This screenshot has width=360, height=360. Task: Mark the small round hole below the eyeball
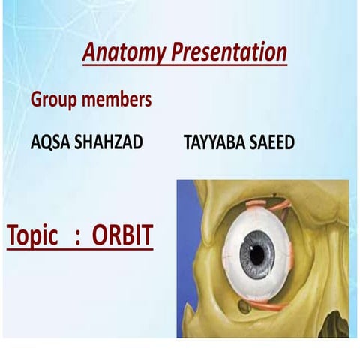pos(243,305)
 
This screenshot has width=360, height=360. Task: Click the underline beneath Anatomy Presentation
pos(184,66)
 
